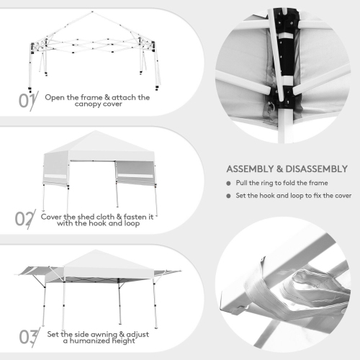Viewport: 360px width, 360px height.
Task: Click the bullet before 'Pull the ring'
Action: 229,183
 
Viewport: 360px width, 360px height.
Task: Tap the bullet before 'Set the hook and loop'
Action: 229,195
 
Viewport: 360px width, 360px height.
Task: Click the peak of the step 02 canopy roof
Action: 99,132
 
